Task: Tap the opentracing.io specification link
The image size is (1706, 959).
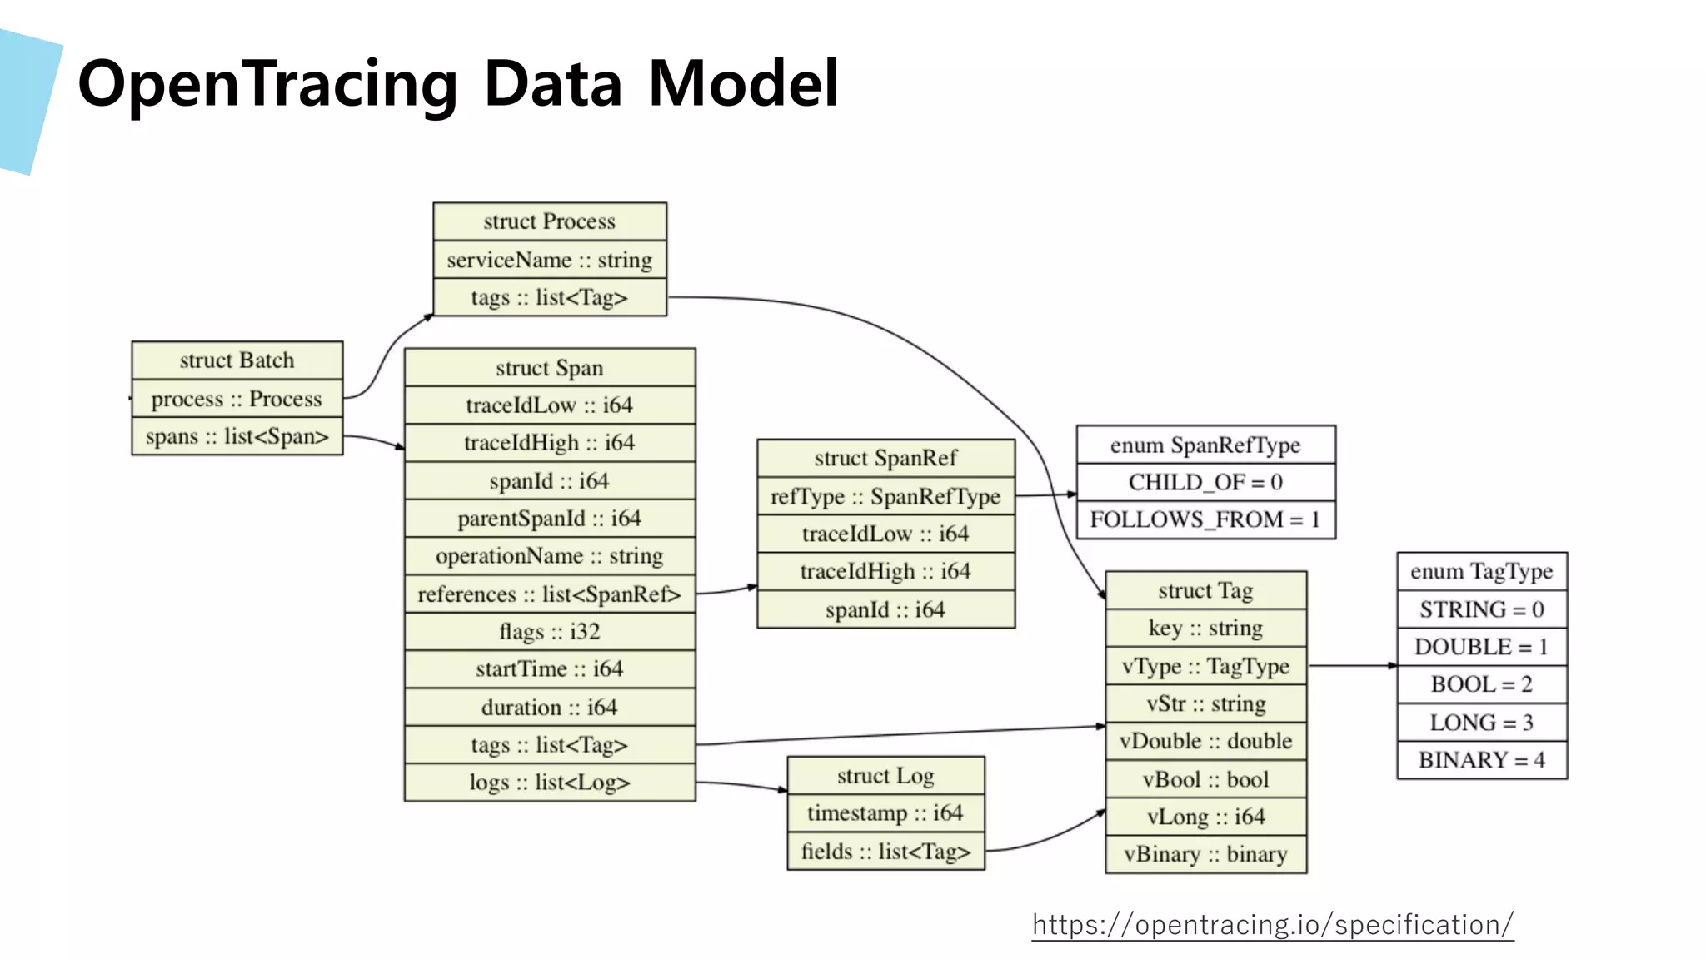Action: click(x=1272, y=925)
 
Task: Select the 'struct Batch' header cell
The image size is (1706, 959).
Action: click(x=237, y=360)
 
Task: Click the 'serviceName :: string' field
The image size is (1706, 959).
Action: click(x=550, y=260)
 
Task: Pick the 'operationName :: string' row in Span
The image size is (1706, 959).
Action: click(x=550, y=556)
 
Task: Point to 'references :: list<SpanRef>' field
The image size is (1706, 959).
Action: click(x=550, y=594)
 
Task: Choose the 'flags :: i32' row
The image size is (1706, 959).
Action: click(x=550, y=632)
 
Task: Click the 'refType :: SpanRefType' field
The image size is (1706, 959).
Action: click(x=885, y=497)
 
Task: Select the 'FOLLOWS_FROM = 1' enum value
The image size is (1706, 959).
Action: click(x=1205, y=520)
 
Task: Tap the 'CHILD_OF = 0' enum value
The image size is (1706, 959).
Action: click(x=1205, y=483)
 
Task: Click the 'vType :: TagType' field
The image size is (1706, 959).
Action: click(x=1205, y=667)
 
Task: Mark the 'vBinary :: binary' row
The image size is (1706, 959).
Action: click(x=1205, y=855)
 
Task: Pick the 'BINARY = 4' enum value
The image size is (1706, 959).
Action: click(x=1482, y=760)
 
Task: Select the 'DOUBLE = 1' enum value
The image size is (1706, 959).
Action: click(x=1482, y=647)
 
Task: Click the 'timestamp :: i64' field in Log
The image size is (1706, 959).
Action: click(x=885, y=813)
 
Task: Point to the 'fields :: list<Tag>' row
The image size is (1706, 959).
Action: click(x=885, y=852)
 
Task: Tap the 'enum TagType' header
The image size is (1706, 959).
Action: click(x=1482, y=572)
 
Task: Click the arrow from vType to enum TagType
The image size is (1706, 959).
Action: click(x=1351, y=666)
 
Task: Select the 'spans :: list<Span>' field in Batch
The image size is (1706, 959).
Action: click(x=237, y=437)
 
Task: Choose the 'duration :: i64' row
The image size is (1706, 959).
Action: click(x=550, y=708)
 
